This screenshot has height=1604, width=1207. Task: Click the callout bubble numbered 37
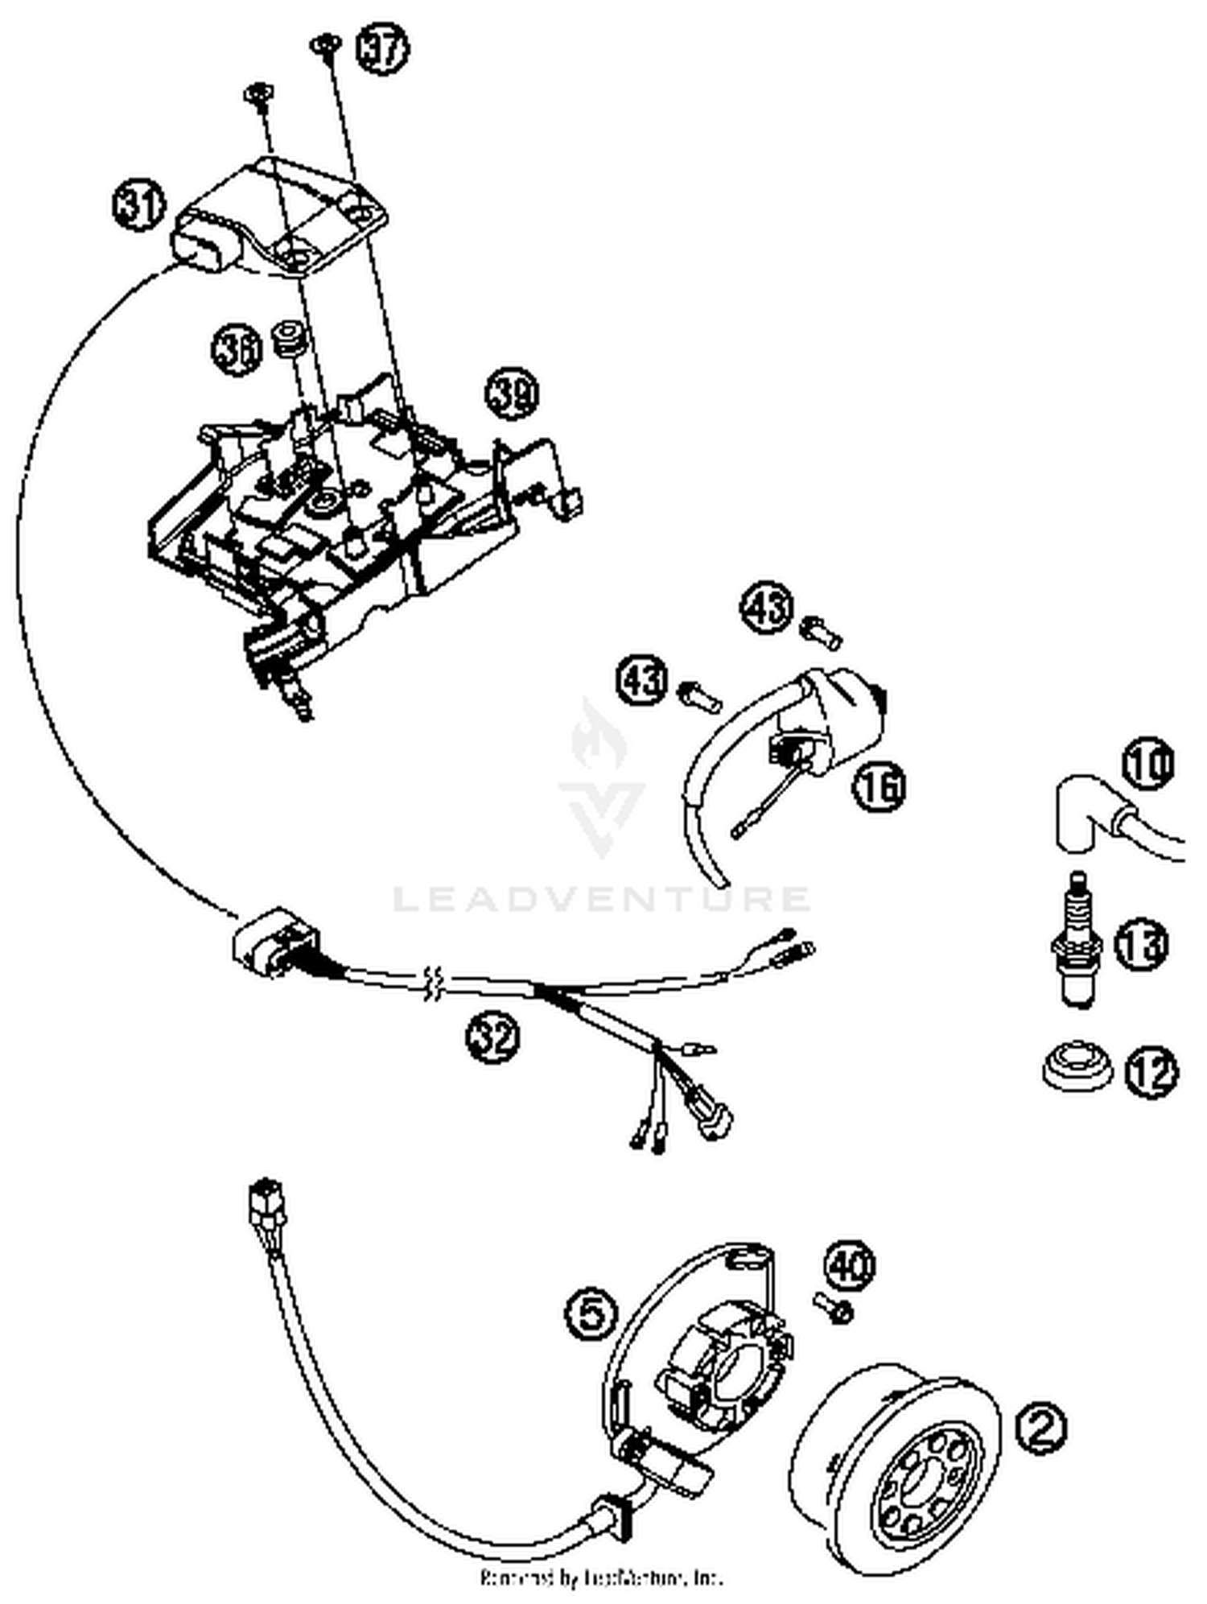382,50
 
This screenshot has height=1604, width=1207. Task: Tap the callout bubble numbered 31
138,206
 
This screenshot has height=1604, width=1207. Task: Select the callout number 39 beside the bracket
512,394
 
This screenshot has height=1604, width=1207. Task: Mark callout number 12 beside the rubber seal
1150,1072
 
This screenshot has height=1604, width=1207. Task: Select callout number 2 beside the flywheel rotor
1041,1429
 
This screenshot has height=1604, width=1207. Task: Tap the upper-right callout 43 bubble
767,608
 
